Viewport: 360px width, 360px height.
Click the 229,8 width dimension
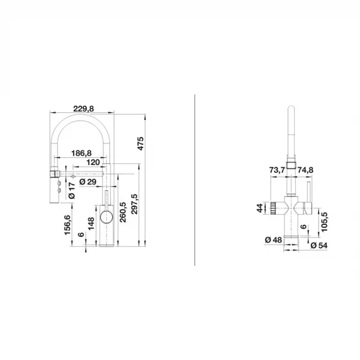coord(83,109)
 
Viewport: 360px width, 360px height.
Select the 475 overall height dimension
coord(140,143)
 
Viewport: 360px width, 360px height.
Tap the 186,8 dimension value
coord(81,153)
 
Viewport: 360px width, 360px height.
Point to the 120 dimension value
coord(93,163)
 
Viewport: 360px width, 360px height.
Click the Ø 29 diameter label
coord(88,182)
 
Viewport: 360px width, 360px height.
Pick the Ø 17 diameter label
coord(72,191)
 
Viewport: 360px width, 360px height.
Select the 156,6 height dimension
coord(67,225)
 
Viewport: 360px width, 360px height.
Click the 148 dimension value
coord(91,224)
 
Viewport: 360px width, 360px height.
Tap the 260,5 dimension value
coord(123,212)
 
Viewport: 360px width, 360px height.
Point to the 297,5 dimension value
coord(134,204)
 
